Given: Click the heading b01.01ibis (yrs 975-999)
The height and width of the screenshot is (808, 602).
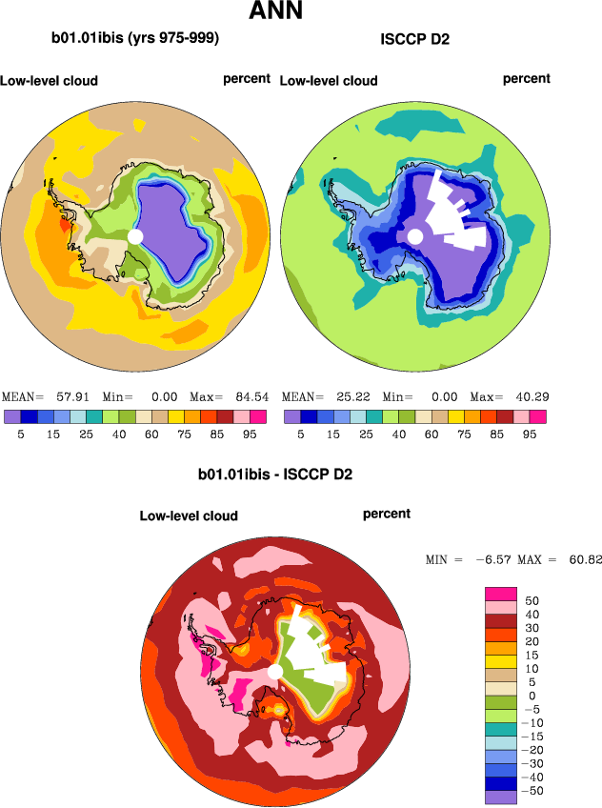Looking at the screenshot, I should [135, 39].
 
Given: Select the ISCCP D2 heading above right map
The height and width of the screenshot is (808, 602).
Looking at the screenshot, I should [414, 40].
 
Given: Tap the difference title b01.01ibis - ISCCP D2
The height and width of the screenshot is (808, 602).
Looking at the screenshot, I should [275, 474].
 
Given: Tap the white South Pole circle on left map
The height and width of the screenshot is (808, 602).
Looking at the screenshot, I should [134, 235].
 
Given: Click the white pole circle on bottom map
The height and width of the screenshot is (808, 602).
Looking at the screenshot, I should [275, 673].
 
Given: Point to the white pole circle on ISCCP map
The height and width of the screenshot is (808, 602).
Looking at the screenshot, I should [414, 235].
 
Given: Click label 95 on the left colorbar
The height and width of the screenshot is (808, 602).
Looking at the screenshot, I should [251, 434].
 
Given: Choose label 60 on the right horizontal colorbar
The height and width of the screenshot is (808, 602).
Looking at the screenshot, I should [438, 434].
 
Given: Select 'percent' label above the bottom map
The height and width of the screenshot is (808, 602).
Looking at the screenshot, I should [387, 514].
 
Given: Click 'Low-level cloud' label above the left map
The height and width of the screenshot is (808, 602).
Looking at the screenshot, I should [50, 81].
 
